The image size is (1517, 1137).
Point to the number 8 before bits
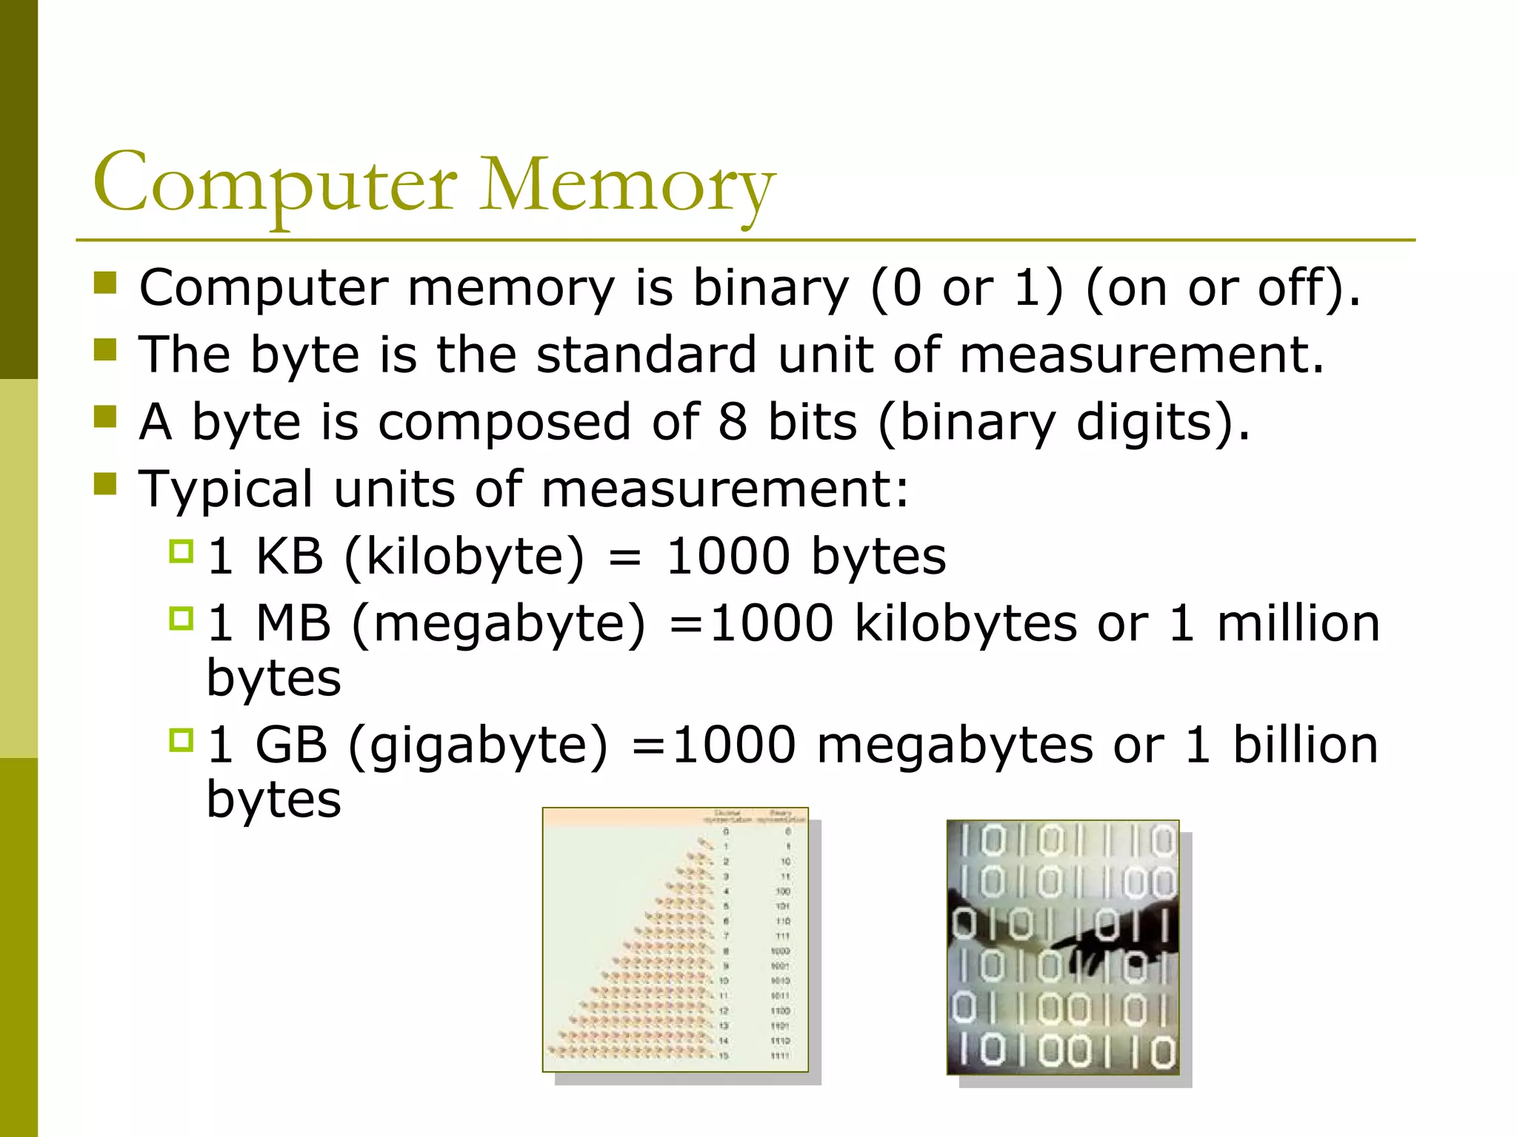coord(732,422)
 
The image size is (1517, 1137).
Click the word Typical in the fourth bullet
coord(226,489)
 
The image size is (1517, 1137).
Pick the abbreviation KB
coord(289,556)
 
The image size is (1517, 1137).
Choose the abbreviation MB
coord(293,623)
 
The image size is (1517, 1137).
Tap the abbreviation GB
coord(291,745)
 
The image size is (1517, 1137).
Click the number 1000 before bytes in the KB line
coord(728,556)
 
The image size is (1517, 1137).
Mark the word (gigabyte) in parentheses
coord(478,745)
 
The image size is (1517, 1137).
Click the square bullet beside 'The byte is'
coord(106,349)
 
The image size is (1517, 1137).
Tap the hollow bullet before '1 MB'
coord(181,618)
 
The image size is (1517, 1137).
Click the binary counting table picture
coord(675,939)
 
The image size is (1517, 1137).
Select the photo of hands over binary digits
coord(1062,947)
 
